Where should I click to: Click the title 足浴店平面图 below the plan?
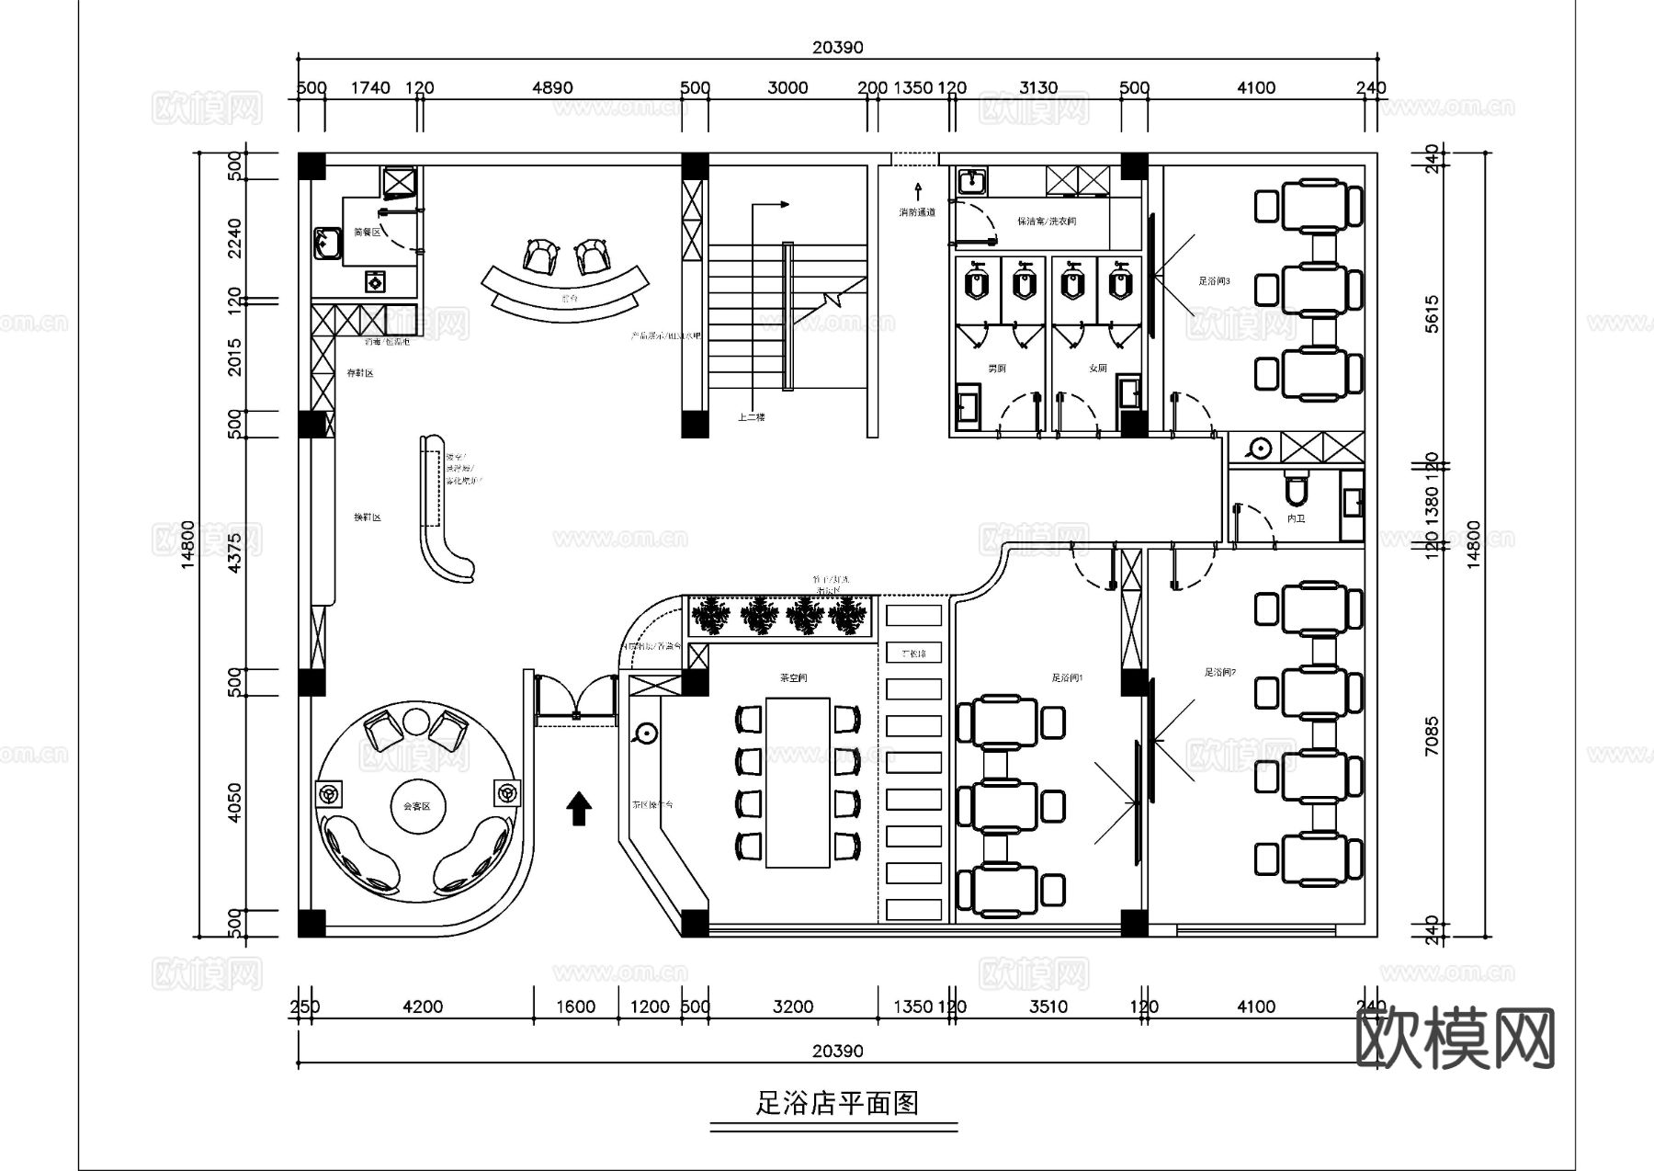(x=837, y=1102)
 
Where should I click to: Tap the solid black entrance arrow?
(x=579, y=808)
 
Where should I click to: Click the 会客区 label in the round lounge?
(x=417, y=806)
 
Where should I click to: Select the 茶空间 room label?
(x=793, y=677)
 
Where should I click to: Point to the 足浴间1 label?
(x=1067, y=677)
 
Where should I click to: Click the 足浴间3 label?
(x=1214, y=281)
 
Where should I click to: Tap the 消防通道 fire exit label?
(x=917, y=212)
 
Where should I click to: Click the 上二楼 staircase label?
(x=751, y=417)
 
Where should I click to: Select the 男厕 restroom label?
(x=996, y=368)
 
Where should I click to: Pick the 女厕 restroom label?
(x=1097, y=368)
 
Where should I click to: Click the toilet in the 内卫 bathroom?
(x=1296, y=490)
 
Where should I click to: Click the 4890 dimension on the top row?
(x=552, y=88)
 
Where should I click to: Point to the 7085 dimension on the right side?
(x=1432, y=735)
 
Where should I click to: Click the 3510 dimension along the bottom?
(x=1048, y=1006)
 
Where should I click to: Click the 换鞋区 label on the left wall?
(x=367, y=517)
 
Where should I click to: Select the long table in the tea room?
(x=799, y=782)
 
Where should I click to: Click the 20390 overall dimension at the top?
(x=837, y=48)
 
